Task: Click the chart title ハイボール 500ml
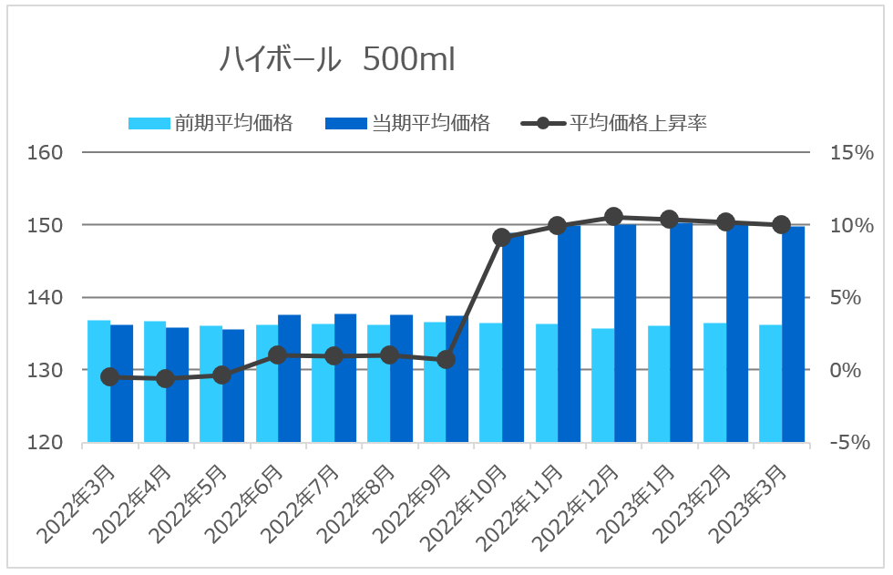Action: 337,59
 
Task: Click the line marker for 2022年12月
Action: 613,217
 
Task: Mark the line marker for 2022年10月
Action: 501,238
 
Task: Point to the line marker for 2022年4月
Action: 165,378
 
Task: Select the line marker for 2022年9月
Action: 446,360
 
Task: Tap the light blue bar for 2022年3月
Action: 98,383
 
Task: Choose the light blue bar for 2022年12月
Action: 602,387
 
